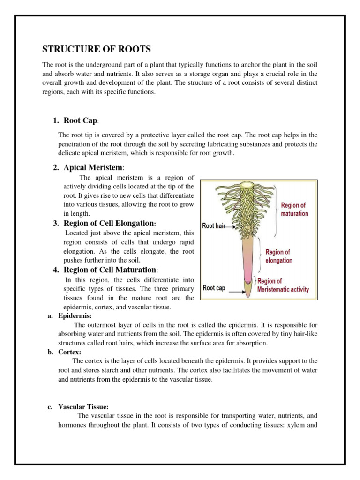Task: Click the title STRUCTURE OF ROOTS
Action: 97,49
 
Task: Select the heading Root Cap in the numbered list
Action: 81,121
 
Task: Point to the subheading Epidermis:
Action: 75,316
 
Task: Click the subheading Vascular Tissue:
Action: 83,407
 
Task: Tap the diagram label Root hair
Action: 214,225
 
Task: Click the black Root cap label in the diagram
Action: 214,288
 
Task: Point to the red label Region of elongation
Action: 278,256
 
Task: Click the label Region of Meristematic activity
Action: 283,285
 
